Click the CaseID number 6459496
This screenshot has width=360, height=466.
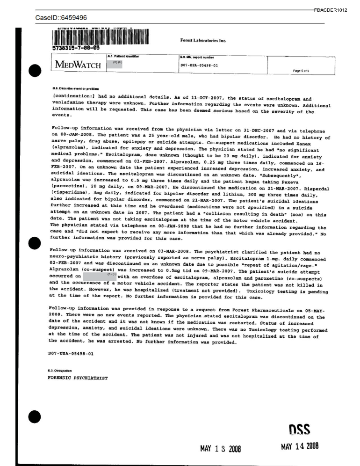[73, 18]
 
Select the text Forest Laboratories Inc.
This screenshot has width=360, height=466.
[203, 41]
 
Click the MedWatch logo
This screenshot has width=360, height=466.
[79, 65]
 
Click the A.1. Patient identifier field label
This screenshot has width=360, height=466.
[123, 56]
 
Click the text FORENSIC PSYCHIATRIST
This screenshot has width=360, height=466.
[78, 377]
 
